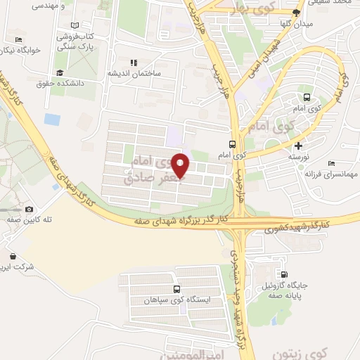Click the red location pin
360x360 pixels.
[181, 165]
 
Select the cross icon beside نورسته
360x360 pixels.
[299, 146]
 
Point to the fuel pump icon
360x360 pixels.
[284, 275]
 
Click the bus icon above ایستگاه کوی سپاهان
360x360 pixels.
[176, 288]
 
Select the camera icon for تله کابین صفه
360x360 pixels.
[29, 209]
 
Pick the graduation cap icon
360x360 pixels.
[60, 73]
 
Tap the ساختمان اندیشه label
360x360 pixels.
[134, 73]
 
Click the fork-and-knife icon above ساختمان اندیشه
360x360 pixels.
[134, 63]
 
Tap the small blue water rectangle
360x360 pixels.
[52, 119]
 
